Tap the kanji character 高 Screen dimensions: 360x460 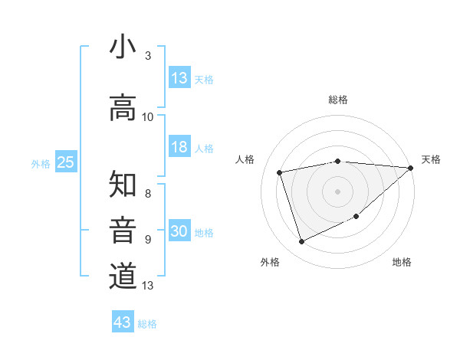123,108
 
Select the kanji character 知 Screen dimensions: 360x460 123,185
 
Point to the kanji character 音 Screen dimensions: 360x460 123,231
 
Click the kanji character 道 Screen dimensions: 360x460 123,276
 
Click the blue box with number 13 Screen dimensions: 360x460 179,78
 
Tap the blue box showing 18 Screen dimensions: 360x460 179,148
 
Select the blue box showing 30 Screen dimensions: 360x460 179,232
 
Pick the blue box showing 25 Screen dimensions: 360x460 66,162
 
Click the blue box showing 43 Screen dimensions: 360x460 123,322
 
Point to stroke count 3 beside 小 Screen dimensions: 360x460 148,56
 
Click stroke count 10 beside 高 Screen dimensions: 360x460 148,117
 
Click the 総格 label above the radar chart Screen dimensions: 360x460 338,100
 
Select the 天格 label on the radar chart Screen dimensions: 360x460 431,159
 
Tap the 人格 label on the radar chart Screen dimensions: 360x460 245,159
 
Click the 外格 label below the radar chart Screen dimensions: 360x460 270,263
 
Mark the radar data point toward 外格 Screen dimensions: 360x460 301,242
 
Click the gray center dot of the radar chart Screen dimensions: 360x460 338,191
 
